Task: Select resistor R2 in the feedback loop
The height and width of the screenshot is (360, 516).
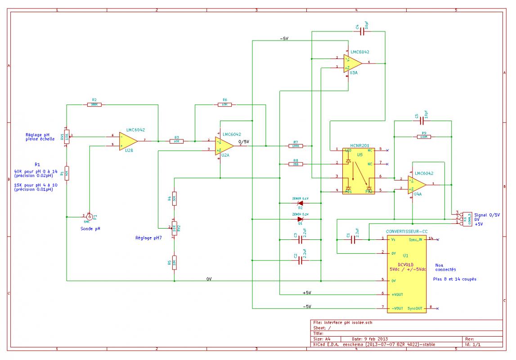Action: coord(94,104)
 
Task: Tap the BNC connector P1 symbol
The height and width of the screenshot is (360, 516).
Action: coord(89,216)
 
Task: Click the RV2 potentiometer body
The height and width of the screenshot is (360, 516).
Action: coord(174,228)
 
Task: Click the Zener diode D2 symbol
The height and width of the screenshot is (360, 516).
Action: coord(300,203)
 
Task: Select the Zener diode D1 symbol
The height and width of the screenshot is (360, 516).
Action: coord(300,219)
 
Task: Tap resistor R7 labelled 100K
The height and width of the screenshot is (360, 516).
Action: coord(296,146)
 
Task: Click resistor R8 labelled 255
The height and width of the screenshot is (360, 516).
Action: coord(296,164)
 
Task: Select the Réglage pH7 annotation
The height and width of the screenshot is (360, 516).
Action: coord(149,237)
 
